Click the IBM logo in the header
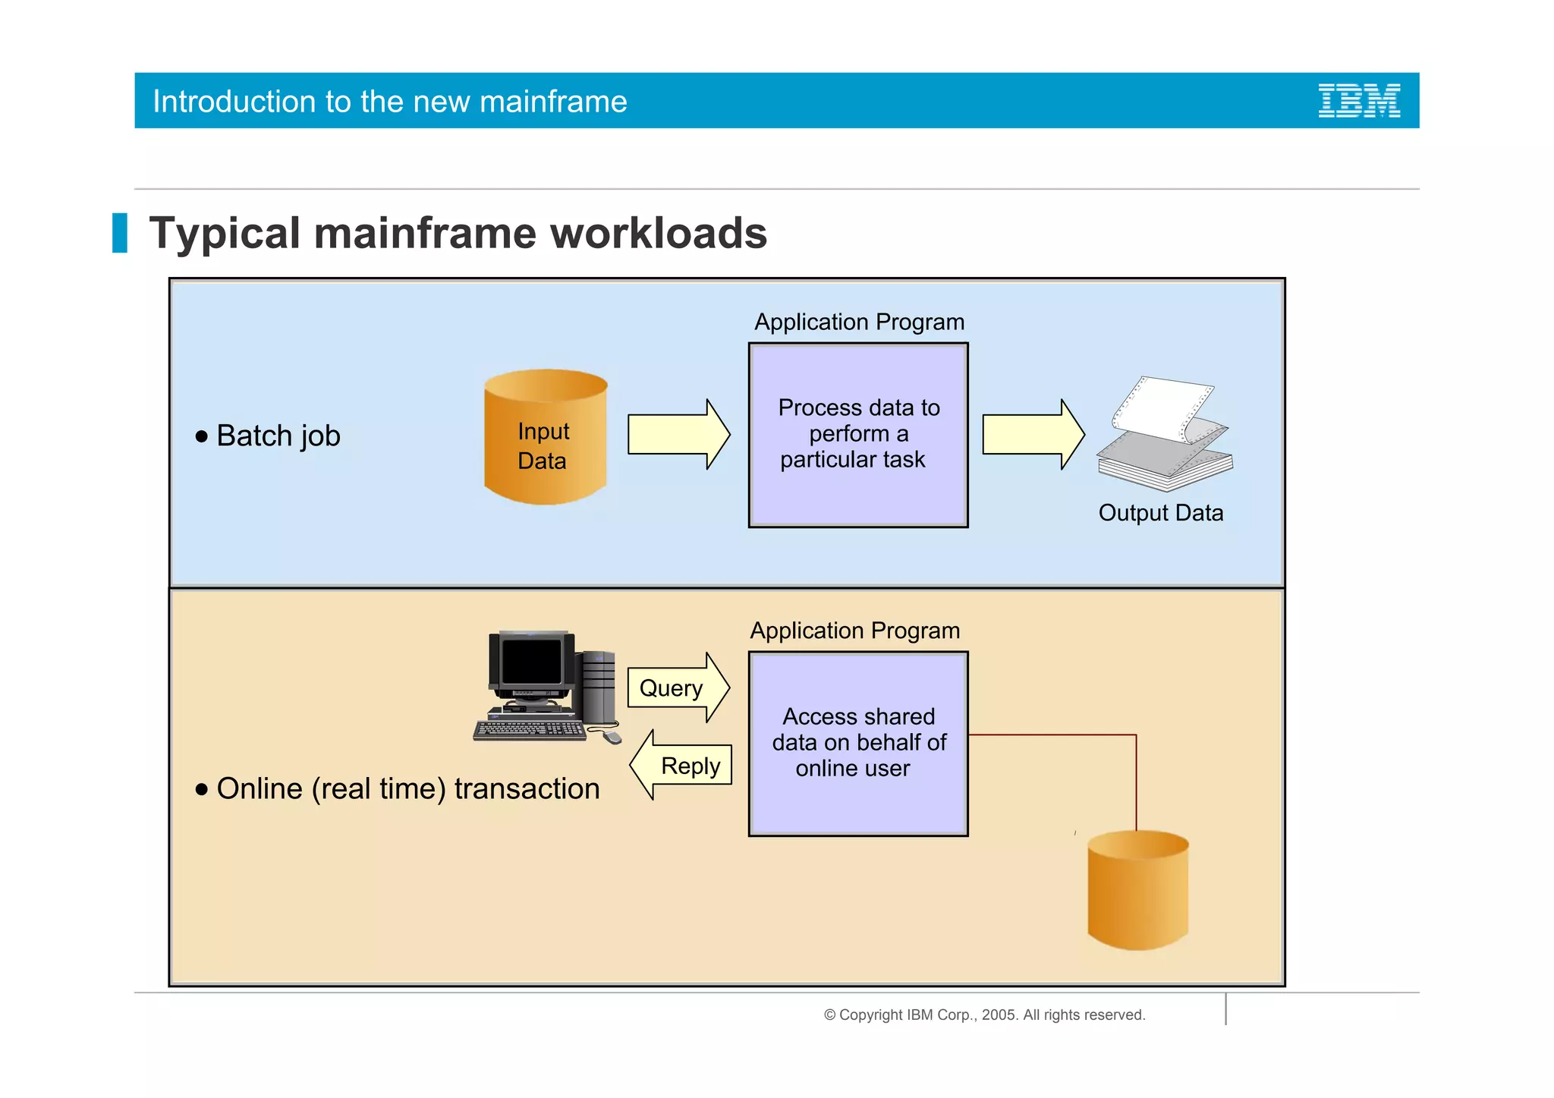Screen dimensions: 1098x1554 [1358, 101]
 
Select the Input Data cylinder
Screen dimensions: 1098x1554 [545, 438]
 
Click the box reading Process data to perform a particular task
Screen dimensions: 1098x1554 [858, 435]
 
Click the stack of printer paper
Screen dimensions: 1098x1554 [1165, 436]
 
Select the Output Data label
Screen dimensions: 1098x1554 [1160, 513]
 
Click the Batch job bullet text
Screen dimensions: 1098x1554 [278, 436]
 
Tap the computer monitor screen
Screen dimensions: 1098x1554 [531, 661]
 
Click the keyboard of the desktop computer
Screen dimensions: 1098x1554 [530, 730]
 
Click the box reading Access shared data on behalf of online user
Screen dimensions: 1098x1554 [858, 744]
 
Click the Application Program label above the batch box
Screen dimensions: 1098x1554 [859, 322]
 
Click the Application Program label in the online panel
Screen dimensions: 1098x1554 [855, 631]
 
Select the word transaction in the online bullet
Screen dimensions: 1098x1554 [527, 789]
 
